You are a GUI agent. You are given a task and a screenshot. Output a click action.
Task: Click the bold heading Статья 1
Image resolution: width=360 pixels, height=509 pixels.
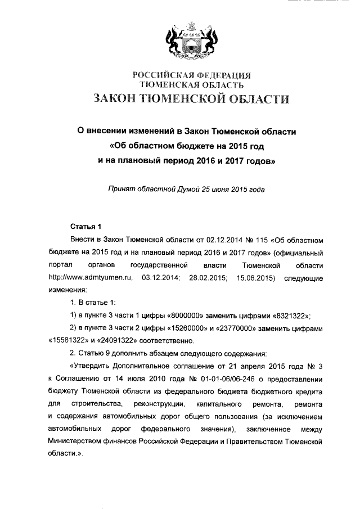[84, 227]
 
